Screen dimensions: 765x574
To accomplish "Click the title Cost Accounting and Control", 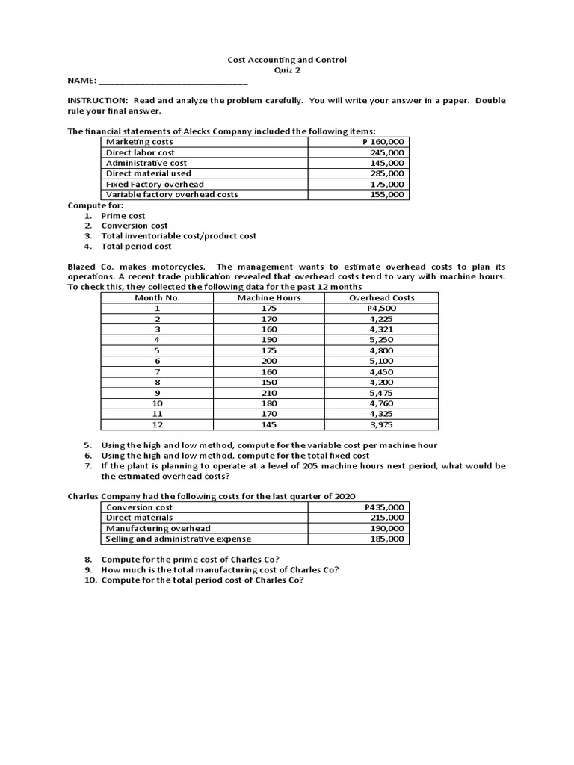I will [x=286, y=60].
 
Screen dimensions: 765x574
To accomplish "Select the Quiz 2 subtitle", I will [x=287, y=70].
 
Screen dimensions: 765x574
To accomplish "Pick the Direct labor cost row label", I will [x=140, y=152].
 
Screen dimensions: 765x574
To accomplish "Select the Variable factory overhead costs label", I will [x=172, y=194].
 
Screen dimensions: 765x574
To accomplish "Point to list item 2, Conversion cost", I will [x=135, y=226].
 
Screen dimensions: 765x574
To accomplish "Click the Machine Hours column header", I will [x=269, y=297].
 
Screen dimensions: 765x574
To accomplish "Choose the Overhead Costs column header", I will [x=382, y=297].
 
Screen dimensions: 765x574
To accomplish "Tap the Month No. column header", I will [x=157, y=297].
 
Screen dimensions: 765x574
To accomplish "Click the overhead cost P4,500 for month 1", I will [x=382, y=308].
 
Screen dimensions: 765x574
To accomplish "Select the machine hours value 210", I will [x=269, y=392].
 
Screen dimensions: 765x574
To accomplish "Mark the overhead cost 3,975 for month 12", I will [x=382, y=424].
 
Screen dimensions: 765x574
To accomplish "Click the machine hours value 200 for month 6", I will [x=269, y=361].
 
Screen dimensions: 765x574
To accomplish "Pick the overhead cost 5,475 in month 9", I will [x=382, y=392].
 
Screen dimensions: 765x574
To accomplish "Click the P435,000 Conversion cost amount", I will [x=382, y=507].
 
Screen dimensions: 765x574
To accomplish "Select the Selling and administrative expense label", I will [x=179, y=539].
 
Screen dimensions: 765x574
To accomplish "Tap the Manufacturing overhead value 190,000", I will [x=387, y=528].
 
